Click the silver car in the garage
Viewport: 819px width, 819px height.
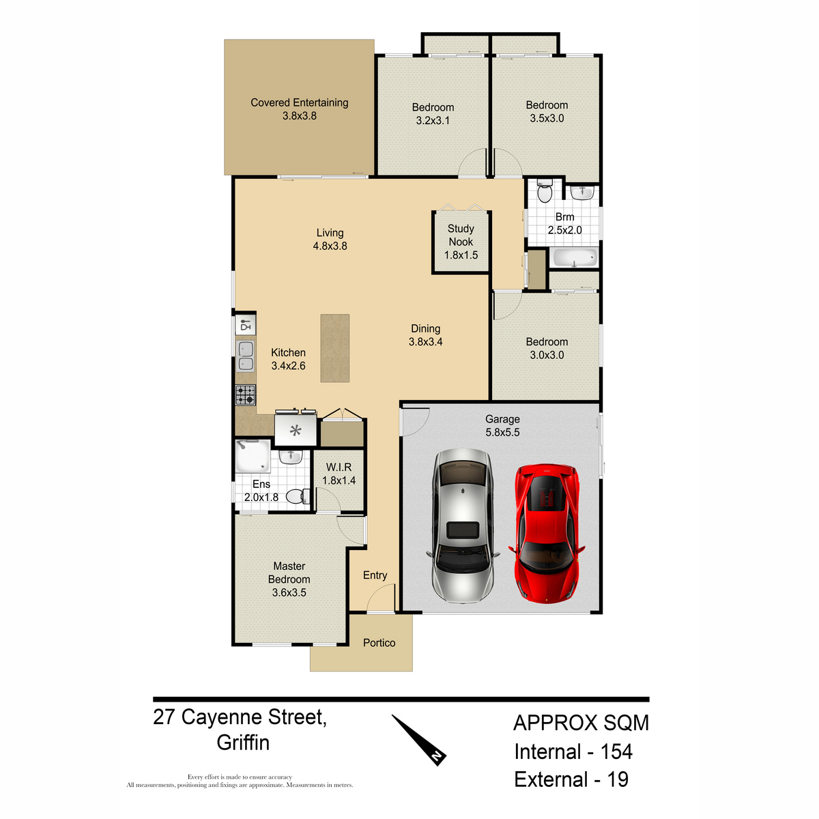(463, 526)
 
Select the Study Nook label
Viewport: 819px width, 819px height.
(461, 235)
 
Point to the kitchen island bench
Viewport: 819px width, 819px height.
(335, 348)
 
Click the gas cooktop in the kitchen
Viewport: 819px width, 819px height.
(246, 395)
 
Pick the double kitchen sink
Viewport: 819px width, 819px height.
(246, 356)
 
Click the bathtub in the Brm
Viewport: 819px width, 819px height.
(574, 257)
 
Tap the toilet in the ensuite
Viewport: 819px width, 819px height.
(298, 496)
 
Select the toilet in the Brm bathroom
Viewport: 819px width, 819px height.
(545, 191)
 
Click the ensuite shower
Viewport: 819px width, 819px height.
(253, 457)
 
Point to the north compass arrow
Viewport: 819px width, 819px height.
(418, 740)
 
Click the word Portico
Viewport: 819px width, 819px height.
(379, 643)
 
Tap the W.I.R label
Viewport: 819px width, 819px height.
(339, 467)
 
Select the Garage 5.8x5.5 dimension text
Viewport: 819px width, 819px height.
(502, 432)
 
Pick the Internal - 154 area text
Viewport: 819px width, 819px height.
(573, 751)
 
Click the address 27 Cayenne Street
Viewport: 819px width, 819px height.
(240, 717)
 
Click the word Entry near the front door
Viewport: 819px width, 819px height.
(375, 575)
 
